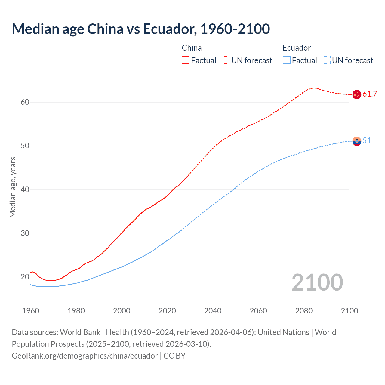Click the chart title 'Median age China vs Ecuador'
pyautogui.click(x=141, y=29)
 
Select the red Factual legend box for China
pyautogui.click(x=186, y=60)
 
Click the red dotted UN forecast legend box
pyautogui.click(x=226, y=60)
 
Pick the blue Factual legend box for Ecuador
pyautogui.click(x=287, y=60)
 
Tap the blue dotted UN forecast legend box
pyautogui.click(x=327, y=60)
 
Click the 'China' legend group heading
pyautogui.click(x=192, y=48)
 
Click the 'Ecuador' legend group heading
pyautogui.click(x=297, y=48)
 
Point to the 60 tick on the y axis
pyautogui.click(x=25, y=102)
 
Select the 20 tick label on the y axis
pyautogui.click(x=25, y=277)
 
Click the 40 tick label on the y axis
pyautogui.click(x=25, y=189)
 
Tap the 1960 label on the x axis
pyautogui.click(x=31, y=311)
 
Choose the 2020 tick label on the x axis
pyautogui.click(x=167, y=311)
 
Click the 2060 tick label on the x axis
pyautogui.click(x=258, y=311)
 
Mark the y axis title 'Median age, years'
pyautogui.click(x=13, y=187)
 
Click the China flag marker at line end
pyautogui.click(x=357, y=94)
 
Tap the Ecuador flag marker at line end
pyautogui.click(x=357, y=141)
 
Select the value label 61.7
pyautogui.click(x=370, y=94)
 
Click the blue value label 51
pyautogui.click(x=367, y=140)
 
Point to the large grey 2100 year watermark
pyautogui.click(x=317, y=282)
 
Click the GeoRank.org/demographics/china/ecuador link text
pyautogui.click(x=85, y=356)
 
